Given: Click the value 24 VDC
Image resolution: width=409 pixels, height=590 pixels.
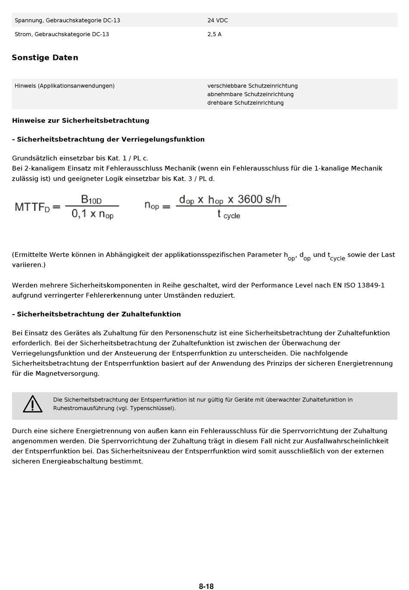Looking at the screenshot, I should (217, 20).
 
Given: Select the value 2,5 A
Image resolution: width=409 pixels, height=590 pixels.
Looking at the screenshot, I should (214, 34).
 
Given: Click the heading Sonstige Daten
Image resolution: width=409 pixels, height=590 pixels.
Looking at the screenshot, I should (45, 58).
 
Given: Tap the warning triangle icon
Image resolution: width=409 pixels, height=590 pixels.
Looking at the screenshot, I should (33, 404).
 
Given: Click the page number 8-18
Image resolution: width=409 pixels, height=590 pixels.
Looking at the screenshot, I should (206, 586).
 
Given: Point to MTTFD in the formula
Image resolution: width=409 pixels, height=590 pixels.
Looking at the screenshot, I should (32, 207).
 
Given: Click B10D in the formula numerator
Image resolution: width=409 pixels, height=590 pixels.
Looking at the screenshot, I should (91, 200).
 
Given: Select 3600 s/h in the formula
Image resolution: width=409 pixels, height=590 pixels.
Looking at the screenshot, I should (259, 199).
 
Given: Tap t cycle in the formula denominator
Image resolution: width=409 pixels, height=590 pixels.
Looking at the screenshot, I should (229, 214).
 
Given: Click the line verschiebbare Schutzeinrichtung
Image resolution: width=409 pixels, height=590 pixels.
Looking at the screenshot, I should (252, 86).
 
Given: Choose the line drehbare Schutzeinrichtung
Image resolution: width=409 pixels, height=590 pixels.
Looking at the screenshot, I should (245, 103).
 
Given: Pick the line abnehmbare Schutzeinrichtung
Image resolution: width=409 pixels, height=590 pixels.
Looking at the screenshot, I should (250, 94).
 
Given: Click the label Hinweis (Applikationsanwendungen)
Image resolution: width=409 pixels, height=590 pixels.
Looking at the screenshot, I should (65, 86).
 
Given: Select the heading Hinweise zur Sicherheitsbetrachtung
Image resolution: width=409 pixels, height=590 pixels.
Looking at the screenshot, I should (81, 121).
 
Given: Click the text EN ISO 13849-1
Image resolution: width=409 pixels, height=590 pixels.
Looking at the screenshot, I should (359, 285).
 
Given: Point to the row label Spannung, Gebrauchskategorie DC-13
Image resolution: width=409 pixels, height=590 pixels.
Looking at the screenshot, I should (67, 20).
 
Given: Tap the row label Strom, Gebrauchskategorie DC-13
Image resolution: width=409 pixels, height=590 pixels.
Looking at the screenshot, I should (62, 34).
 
